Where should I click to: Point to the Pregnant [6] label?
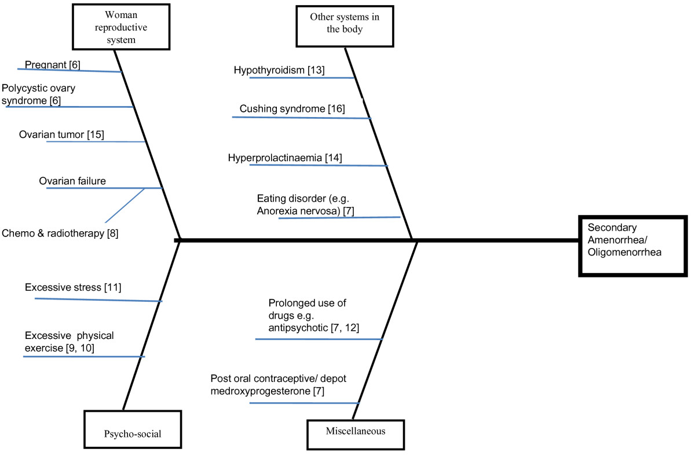(x=52, y=65)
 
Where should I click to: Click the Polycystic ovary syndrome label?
(x=38, y=94)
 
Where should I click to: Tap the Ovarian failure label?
(x=72, y=181)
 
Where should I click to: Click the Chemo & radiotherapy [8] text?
(x=59, y=233)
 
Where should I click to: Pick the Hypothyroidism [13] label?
(x=279, y=70)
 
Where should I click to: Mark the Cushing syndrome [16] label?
(x=292, y=109)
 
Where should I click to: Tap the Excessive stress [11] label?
(x=72, y=287)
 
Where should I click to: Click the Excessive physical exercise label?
(x=69, y=341)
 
